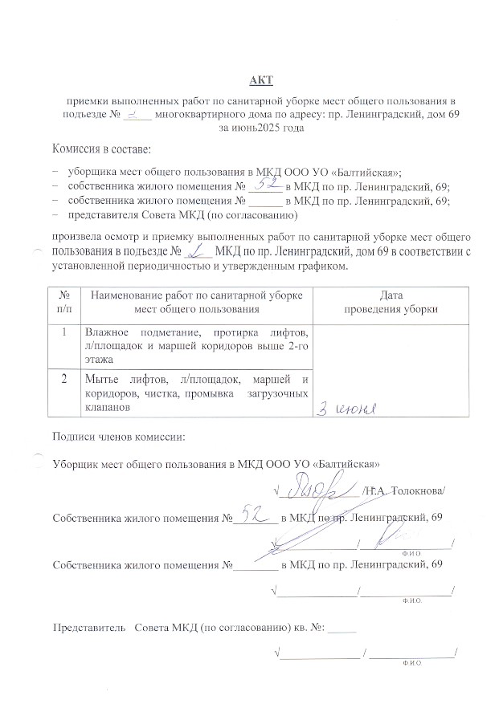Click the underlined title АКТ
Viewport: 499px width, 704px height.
[x=261, y=79]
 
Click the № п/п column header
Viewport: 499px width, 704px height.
[x=64, y=302]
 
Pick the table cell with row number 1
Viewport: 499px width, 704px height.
[x=64, y=332]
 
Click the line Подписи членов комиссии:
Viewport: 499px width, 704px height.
[x=117, y=437]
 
